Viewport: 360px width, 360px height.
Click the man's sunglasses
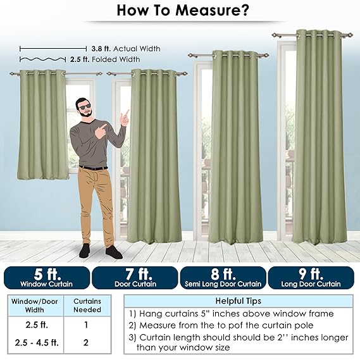tap(85, 107)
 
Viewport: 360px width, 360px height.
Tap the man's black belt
tap(93, 168)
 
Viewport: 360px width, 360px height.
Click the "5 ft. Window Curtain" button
tap(47, 278)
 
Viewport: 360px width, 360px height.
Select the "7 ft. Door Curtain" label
tap(135, 278)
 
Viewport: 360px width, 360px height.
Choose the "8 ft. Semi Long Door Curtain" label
tap(223, 278)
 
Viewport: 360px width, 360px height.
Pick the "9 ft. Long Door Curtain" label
tap(311, 278)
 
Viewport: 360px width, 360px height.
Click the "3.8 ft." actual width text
tap(101, 49)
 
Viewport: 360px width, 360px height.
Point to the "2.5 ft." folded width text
tap(80, 59)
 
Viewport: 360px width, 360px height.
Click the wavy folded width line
tap(42, 59)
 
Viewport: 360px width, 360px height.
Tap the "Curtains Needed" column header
tap(87, 306)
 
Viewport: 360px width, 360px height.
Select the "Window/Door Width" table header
tap(34, 306)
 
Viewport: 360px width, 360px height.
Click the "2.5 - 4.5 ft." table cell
tap(37, 342)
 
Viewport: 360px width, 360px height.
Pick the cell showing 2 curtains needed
tap(86, 342)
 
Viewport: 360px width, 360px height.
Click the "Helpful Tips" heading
tap(239, 301)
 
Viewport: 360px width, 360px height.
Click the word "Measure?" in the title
tap(211, 10)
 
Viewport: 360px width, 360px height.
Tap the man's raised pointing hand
tap(125, 118)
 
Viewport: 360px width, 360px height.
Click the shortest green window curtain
tap(42, 125)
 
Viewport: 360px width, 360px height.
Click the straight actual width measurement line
tap(53, 49)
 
